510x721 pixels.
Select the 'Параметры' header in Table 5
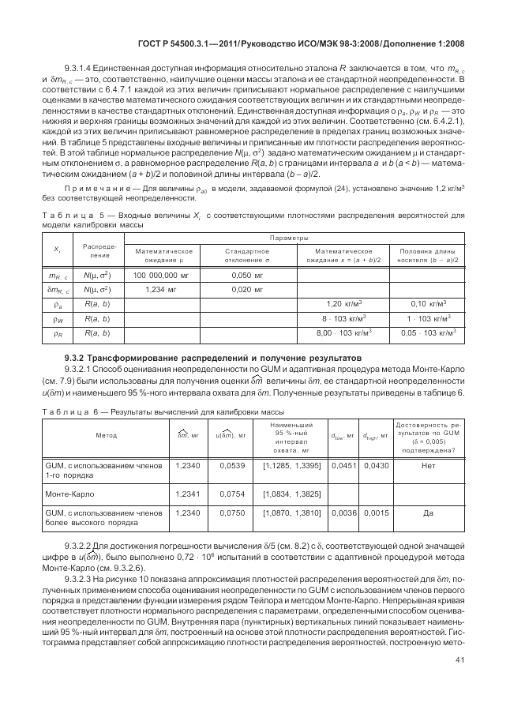click(288, 237)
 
